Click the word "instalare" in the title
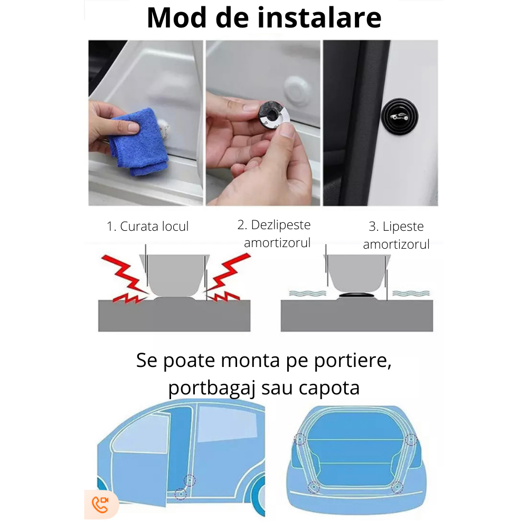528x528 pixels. (319, 17)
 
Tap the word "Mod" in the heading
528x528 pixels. (177, 17)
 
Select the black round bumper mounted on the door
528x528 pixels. (399, 117)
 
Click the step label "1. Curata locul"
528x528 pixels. (147, 227)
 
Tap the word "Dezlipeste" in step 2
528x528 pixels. (281, 225)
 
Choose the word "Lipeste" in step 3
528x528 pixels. (403, 227)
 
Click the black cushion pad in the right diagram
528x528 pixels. (356, 295)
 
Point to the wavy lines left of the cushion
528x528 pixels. (308, 293)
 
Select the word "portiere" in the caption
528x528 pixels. (353, 361)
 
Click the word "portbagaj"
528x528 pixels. (212, 388)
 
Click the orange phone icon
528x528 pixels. (100, 504)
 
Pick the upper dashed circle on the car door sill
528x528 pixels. (190, 480)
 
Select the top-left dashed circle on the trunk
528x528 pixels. (299, 439)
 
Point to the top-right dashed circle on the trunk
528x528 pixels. (411, 439)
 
